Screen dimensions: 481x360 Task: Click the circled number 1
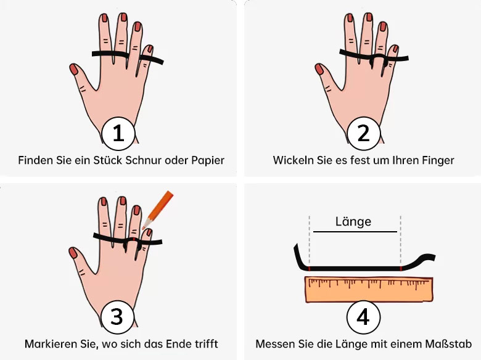pos(118,133)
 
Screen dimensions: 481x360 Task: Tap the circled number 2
pos(363,133)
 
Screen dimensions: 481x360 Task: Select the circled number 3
pos(117,316)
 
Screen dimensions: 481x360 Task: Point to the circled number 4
pos(363,317)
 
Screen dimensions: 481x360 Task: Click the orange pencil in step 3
pos(158,210)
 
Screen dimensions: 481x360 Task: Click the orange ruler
pos(369,289)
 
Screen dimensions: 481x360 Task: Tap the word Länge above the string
pos(353,221)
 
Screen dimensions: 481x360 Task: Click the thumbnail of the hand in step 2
pos(362,76)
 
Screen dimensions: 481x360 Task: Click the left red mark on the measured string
pos(310,269)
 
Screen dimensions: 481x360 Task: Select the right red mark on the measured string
pos(401,269)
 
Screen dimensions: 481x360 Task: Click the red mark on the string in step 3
pos(134,239)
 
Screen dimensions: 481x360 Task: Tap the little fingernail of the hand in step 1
pos(150,49)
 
